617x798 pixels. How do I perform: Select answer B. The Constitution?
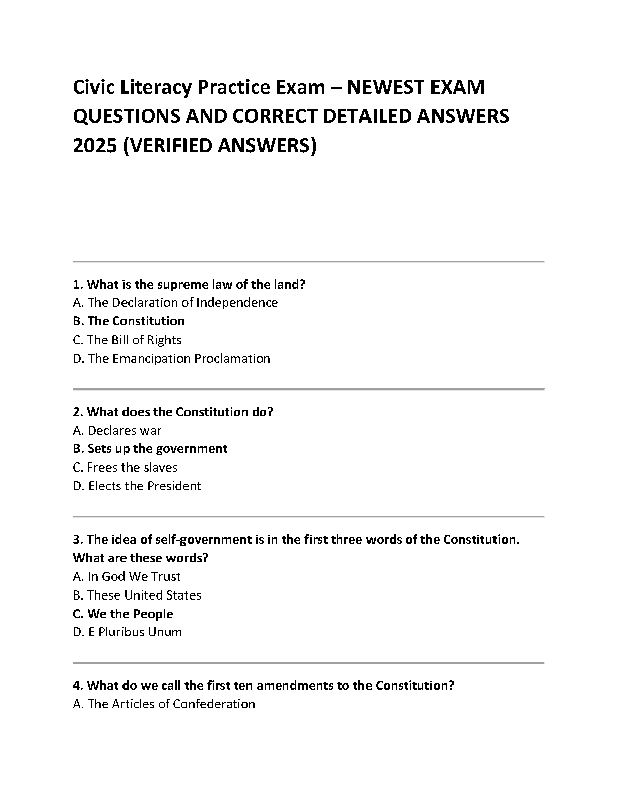click(x=129, y=321)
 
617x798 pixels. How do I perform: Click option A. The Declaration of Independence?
click(x=175, y=303)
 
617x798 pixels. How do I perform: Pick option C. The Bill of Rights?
click(x=127, y=340)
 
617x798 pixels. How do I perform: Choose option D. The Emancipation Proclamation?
click(x=171, y=359)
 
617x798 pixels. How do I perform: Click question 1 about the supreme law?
click(x=189, y=285)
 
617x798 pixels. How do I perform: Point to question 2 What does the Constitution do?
click(x=173, y=412)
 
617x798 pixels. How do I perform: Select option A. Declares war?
click(x=117, y=431)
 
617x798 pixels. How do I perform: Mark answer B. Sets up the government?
click(x=150, y=449)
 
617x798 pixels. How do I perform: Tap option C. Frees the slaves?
click(x=125, y=468)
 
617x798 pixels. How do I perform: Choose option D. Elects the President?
click(x=137, y=486)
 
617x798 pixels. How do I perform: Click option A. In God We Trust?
click(x=127, y=577)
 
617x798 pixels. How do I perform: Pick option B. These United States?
click(x=137, y=595)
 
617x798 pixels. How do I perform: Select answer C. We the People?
click(x=123, y=614)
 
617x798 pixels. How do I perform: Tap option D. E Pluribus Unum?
click(x=128, y=632)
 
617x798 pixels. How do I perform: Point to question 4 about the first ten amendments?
click(x=264, y=686)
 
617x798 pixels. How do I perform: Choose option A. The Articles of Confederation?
click(x=164, y=704)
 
